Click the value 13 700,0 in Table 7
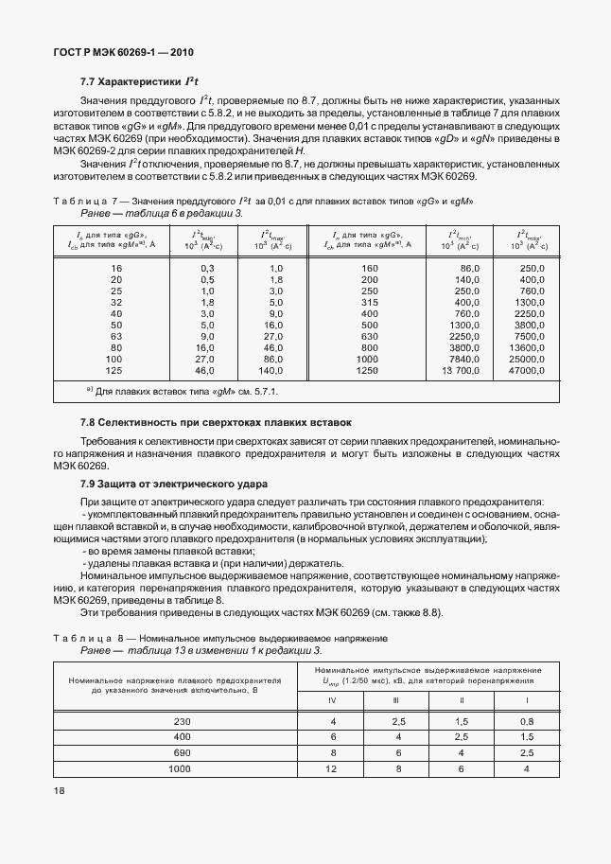457,372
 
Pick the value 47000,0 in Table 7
526,372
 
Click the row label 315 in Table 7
369,302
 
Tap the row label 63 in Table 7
116,336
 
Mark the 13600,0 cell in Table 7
526,348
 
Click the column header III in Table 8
397,700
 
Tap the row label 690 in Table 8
183,752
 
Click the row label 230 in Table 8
183,722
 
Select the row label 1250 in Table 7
369,372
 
